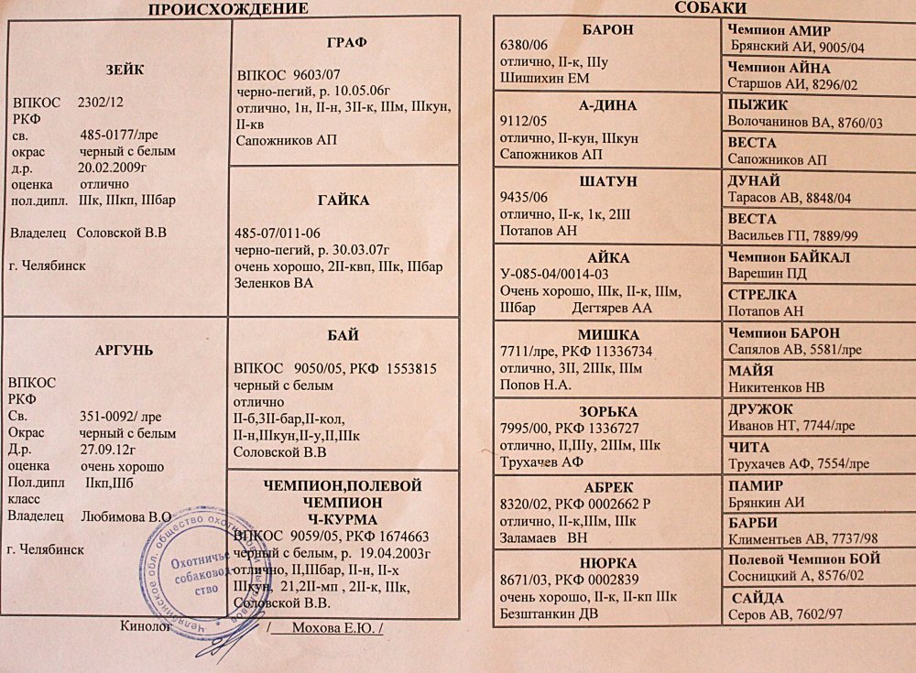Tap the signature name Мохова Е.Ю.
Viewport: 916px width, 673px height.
[330, 627]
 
